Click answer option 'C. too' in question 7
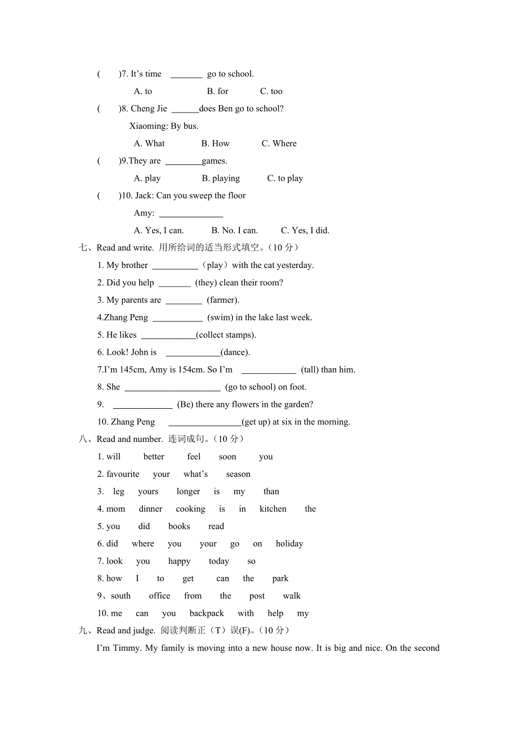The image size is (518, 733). point(271,91)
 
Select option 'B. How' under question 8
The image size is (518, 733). point(216,144)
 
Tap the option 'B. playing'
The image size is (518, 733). point(221,178)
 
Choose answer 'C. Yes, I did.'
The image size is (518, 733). point(305,230)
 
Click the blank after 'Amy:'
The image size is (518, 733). point(191,213)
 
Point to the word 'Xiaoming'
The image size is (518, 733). point(148,126)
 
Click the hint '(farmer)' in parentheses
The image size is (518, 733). point(223,300)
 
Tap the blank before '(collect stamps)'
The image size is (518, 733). point(168,336)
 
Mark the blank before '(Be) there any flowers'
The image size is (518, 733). point(142,405)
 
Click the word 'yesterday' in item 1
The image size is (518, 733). point(294,265)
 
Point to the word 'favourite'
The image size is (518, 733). point(123,474)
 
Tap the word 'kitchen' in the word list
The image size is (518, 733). point(273,509)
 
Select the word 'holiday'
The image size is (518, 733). point(289,544)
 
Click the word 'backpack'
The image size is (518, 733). point(207,614)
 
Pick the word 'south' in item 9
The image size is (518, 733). point(120,596)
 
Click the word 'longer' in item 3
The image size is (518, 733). point(188,491)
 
